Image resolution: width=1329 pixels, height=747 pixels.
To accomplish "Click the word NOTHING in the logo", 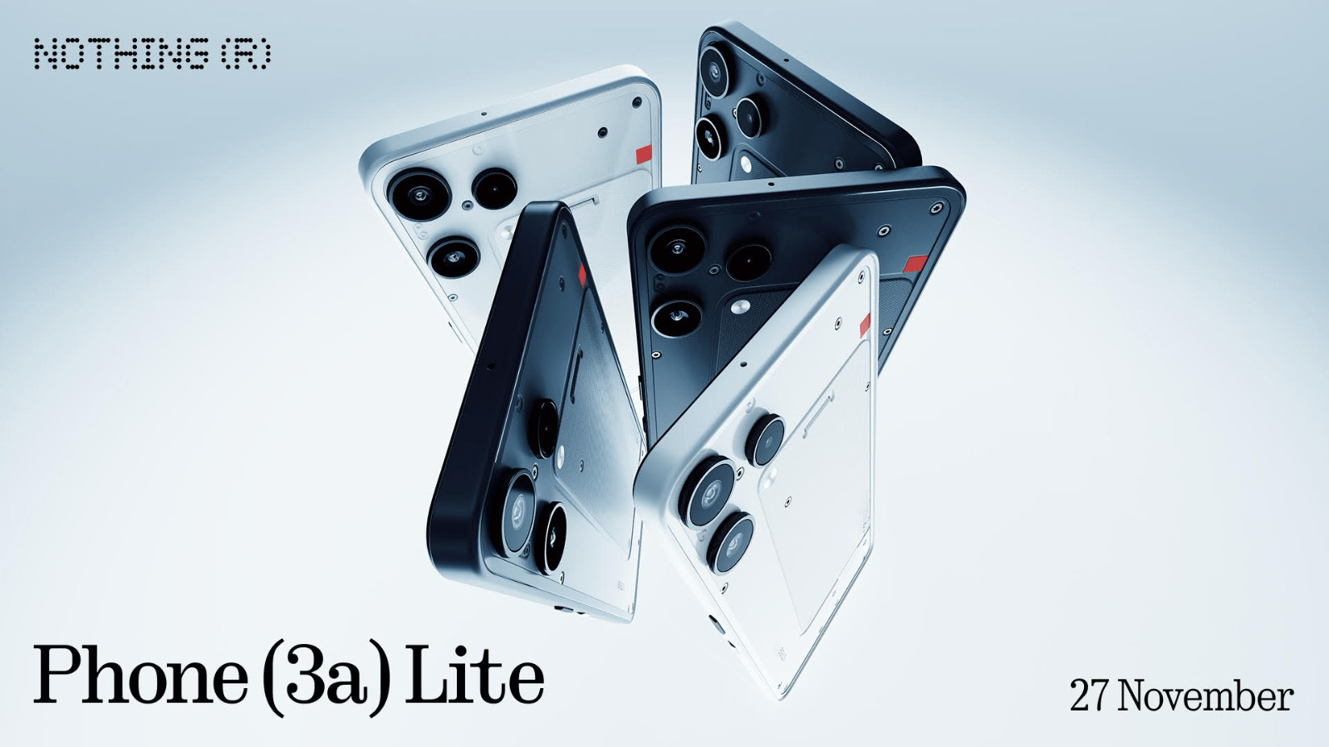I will point(120,55).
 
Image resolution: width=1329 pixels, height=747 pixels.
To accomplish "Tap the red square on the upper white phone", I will point(644,154).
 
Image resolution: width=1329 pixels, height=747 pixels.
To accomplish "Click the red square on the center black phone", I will point(915,264).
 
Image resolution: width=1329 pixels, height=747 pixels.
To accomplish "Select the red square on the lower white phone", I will point(865,325).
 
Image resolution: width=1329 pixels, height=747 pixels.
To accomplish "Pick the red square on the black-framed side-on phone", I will point(581,275).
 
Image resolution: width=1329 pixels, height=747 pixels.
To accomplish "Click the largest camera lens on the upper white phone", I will point(419,195).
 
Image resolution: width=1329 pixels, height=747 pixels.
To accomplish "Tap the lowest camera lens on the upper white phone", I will point(454,256).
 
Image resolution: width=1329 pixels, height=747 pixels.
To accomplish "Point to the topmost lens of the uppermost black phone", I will point(714,70).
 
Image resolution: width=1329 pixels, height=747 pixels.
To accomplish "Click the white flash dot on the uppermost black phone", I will point(746,164).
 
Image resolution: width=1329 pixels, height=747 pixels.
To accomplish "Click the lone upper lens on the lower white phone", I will point(765,440).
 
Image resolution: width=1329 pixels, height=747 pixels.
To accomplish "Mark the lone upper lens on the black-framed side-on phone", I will point(545,427).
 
